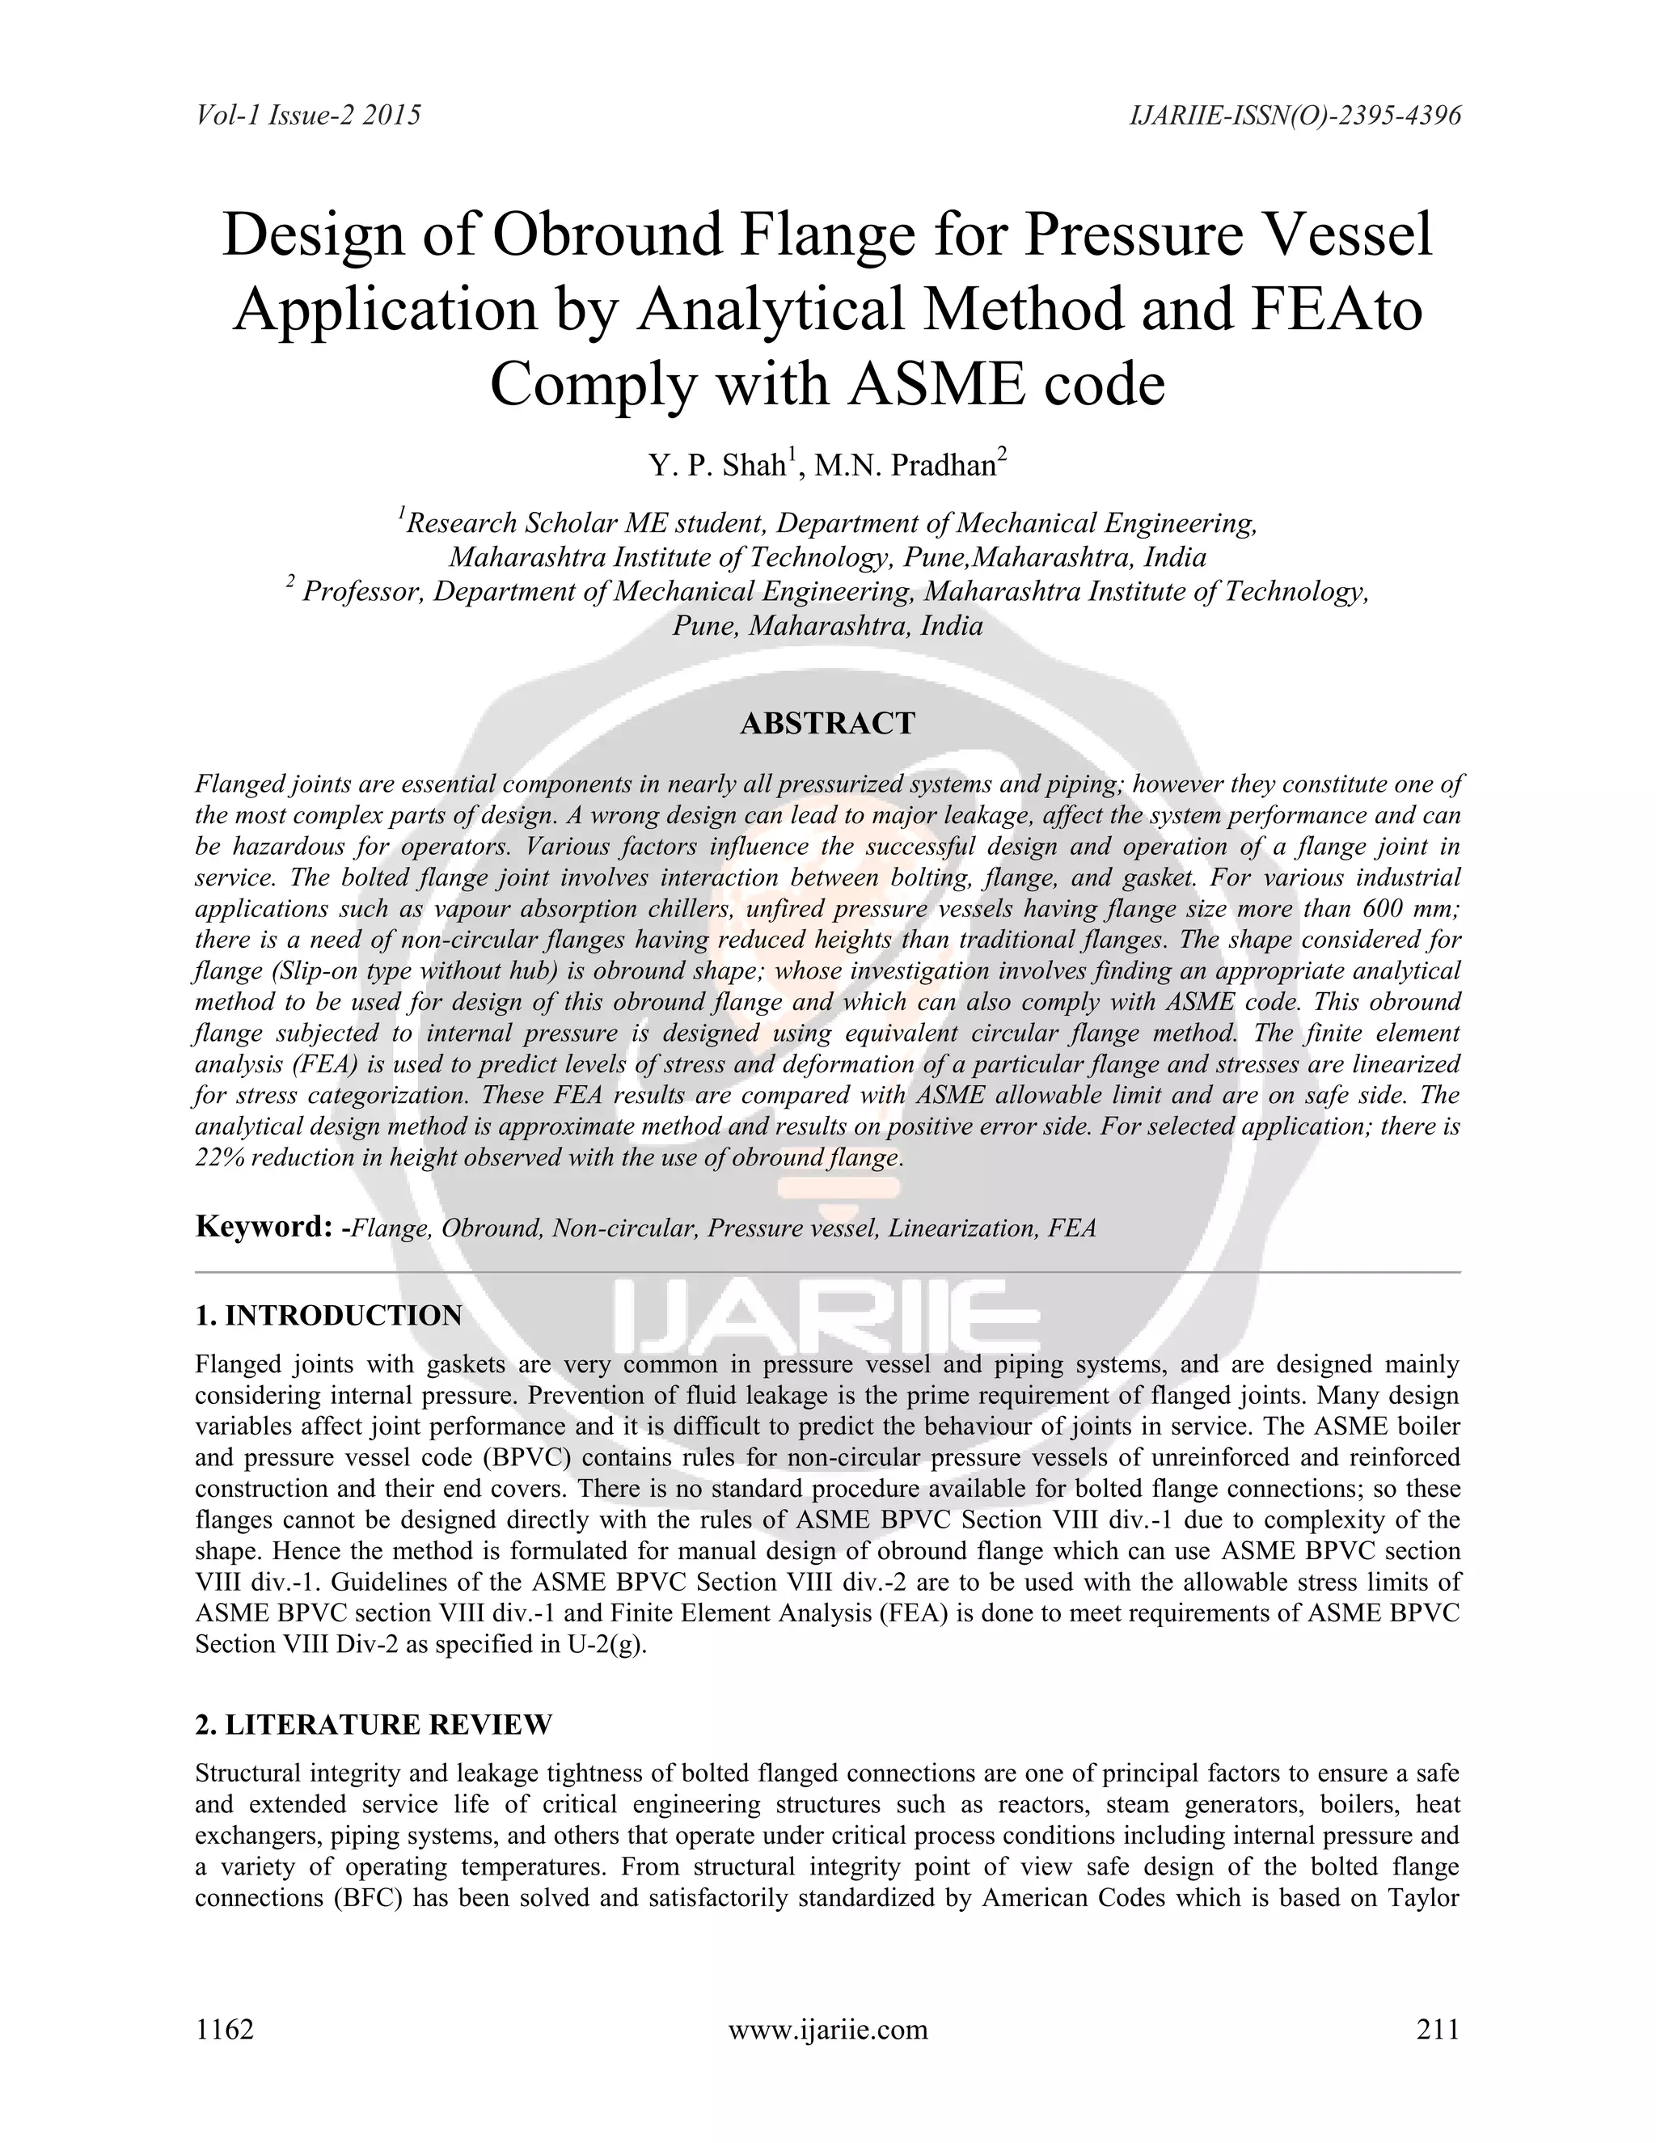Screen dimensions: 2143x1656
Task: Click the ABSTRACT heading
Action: coord(827,724)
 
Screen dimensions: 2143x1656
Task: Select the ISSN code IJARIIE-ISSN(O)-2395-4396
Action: coord(1295,116)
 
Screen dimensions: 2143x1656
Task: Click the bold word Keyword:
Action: coord(259,1228)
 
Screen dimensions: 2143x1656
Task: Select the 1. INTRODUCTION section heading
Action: coord(327,1316)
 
